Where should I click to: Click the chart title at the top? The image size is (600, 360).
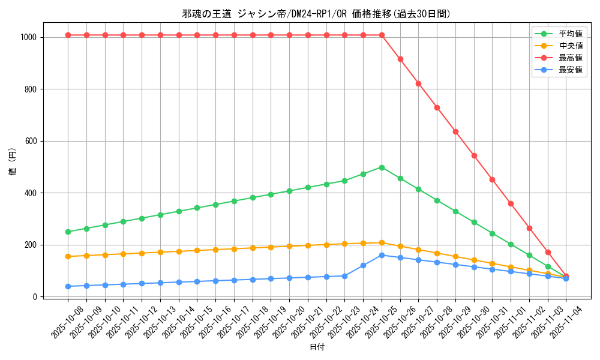[x=316, y=14]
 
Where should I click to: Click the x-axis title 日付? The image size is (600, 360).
[x=316, y=347]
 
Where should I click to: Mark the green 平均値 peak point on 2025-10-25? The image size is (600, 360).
[x=382, y=167]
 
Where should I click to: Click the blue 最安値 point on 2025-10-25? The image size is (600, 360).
[x=382, y=255]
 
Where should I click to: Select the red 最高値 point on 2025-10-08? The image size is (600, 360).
[x=68, y=35]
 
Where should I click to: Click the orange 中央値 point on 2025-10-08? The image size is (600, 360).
[x=68, y=256]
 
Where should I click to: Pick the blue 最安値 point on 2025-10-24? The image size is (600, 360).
[x=363, y=265]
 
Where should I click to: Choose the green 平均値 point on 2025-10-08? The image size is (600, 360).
[x=68, y=232]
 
